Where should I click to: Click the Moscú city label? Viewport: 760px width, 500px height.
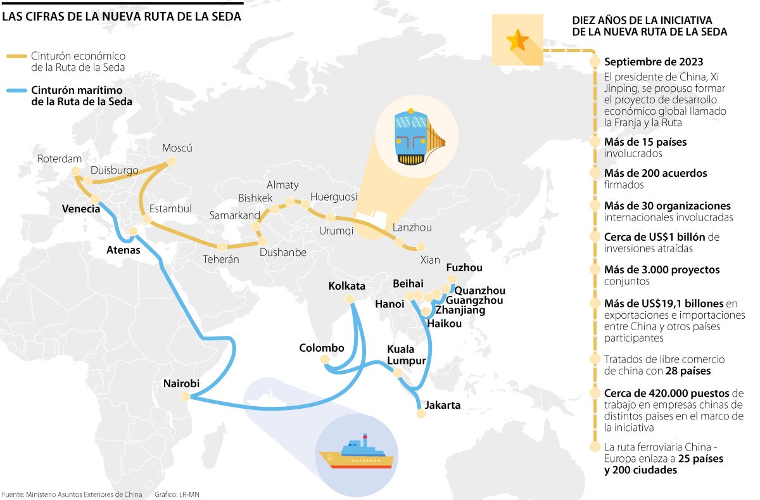point(177,148)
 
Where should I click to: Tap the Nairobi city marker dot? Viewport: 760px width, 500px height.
point(185,397)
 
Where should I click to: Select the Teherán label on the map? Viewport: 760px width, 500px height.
point(220,259)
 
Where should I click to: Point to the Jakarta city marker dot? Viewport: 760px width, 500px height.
point(421,413)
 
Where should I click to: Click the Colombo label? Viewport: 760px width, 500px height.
point(322,348)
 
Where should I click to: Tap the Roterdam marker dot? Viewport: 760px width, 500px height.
point(75,171)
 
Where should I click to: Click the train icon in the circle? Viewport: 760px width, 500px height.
point(412,138)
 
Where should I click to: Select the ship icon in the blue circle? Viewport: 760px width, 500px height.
point(356,451)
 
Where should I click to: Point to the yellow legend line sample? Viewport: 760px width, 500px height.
point(16,57)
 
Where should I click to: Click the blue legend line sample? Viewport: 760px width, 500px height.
point(16,90)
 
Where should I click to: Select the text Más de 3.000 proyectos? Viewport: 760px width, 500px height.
point(662,269)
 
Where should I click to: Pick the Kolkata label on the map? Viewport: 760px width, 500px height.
point(347,286)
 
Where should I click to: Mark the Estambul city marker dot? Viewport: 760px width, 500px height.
point(147,219)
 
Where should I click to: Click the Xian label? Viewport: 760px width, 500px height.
point(429,260)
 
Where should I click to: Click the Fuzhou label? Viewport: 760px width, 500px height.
point(464,268)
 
